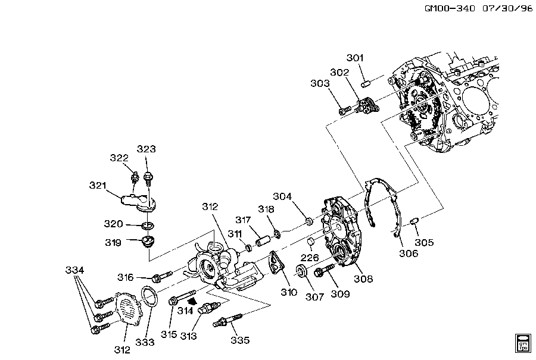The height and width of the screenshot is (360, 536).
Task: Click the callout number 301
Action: (x=355, y=58)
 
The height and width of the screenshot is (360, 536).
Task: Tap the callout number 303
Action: (x=320, y=83)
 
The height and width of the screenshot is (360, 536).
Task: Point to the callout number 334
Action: (x=74, y=271)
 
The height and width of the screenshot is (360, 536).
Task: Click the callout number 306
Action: (x=409, y=253)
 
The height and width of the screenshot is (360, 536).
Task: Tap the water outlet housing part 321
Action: (x=139, y=199)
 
